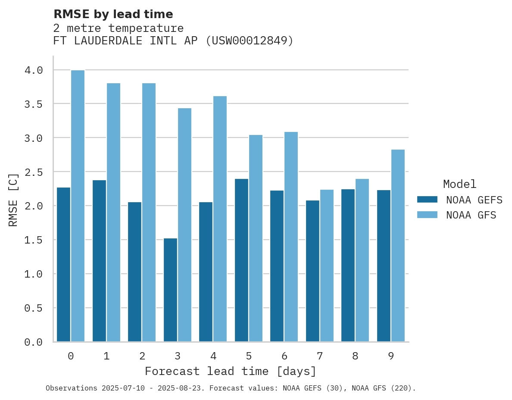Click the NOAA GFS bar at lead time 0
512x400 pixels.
click(x=78, y=206)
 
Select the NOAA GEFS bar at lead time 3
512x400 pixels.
click(x=170, y=290)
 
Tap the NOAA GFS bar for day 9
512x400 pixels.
click(x=398, y=245)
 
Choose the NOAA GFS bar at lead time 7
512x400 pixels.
click(x=327, y=266)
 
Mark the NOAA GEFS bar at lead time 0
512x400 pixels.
click(x=63, y=264)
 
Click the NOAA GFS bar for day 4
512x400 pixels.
click(x=220, y=219)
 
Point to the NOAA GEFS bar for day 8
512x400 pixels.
click(x=348, y=265)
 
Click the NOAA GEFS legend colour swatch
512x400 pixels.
click(x=427, y=200)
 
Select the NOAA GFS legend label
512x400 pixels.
click(x=471, y=215)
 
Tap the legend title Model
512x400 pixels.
click(x=459, y=184)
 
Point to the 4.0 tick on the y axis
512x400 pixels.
click(x=34, y=70)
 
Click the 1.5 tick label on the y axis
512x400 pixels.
click(x=34, y=240)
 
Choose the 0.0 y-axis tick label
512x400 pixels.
click(x=34, y=342)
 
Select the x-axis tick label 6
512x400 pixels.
click(x=284, y=356)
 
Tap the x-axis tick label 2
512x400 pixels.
click(x=142, y=356)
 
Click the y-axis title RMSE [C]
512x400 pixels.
click(x=13, y=200)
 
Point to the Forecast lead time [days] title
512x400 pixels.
click(x=231, y=371)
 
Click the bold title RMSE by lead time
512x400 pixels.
click(x=113, y=14)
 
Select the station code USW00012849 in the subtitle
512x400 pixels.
click(x=249, y=41)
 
